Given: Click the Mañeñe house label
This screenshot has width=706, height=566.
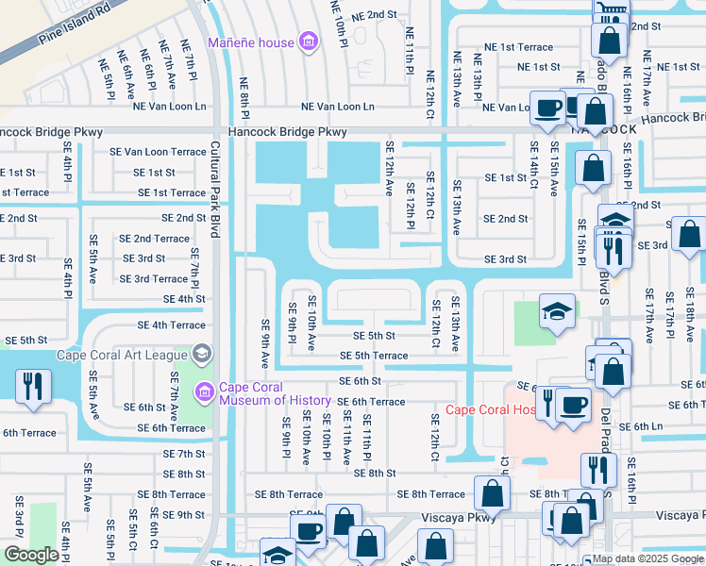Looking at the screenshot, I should [x=248, y=42].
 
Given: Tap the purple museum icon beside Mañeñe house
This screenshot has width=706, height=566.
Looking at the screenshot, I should [x=307, y=42].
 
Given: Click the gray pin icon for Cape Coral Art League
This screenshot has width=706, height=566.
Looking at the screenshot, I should [x=200, y=354].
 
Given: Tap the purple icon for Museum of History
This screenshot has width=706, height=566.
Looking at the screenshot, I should [x=203, y=391].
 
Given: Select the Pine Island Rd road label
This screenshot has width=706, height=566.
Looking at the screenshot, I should [x=76, y=28].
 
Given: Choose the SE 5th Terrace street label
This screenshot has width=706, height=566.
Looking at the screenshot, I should [x=374, y=356].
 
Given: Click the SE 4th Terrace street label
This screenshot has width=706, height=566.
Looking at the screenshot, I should [x=171, y=325].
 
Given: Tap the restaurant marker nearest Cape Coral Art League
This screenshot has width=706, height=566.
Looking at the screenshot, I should [x=34, y=388].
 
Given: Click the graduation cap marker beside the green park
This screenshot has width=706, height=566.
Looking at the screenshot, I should [x=557, y=311].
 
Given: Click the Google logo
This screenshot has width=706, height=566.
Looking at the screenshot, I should [x=31, y=555].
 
